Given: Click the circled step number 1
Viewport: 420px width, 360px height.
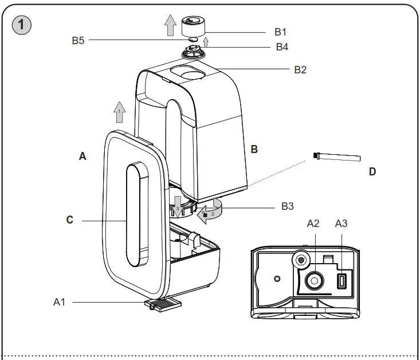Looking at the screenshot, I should tap(21, 25).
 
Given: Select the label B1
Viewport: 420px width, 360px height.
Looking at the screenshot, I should tap(281, 32).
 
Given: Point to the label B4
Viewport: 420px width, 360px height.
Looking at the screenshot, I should tap(282, 47).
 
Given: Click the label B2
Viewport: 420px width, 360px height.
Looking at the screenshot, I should tap(300, 69).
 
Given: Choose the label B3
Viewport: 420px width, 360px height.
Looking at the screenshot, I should tap(288, 206).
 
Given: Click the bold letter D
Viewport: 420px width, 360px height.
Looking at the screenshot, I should tap(372, 171).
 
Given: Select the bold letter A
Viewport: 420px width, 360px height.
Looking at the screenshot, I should tap(83, 156).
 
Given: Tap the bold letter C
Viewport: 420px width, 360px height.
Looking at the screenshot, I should tap(69, 220).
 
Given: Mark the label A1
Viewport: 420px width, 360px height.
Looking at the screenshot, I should tap(60, 301).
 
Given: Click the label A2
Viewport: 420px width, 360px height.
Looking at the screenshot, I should tap(313, 224).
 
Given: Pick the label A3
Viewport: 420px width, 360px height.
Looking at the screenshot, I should tap(341, 224).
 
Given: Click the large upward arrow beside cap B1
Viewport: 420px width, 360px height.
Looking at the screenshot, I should tap(170, 26).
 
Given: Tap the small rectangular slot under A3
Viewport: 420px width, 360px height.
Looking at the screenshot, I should tap(342, 282).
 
